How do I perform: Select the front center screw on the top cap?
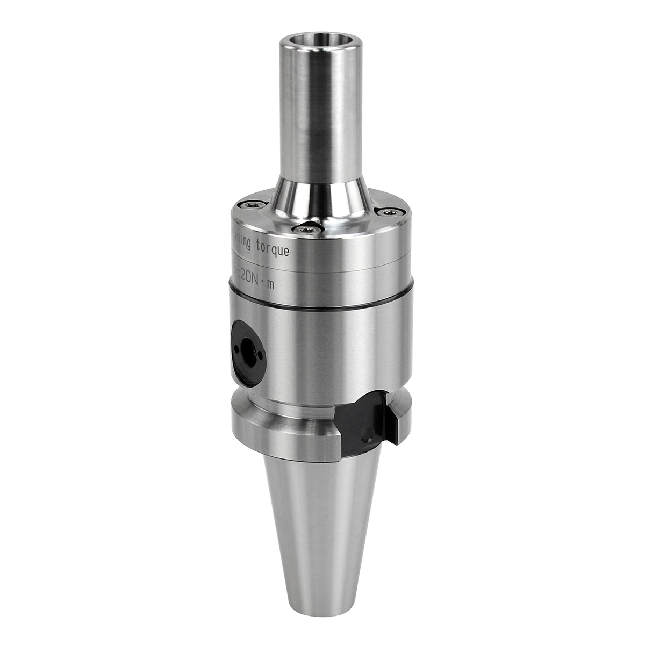pyautogui.click(x=309, y=229)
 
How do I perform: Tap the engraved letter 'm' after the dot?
pyautogui.click(x=271, y=285)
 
